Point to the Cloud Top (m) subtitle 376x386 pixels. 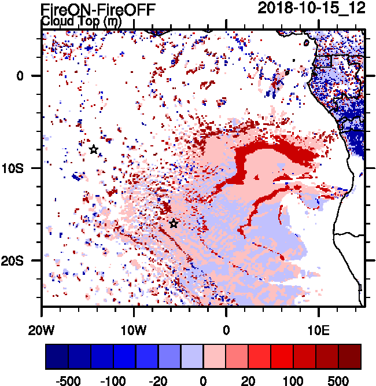coord(80,21)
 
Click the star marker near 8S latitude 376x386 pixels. coord(94,150)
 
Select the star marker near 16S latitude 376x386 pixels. coord(174,223)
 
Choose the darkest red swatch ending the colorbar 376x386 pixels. coord(350,356)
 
